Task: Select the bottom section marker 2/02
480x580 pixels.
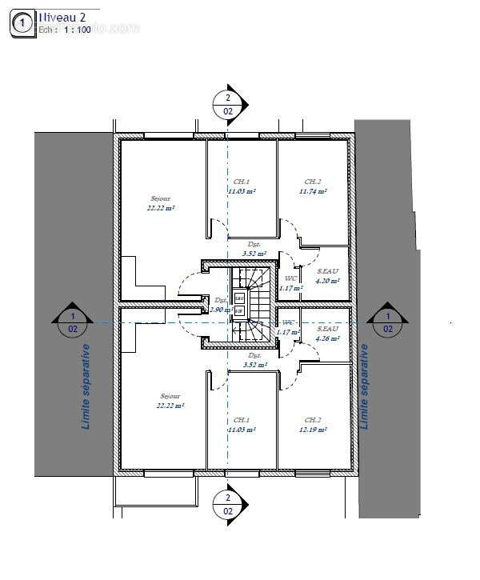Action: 227,504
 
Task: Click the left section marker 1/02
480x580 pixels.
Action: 73,322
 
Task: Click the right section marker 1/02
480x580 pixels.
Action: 388,322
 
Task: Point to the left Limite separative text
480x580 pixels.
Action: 86,386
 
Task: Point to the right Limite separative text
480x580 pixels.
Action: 365,386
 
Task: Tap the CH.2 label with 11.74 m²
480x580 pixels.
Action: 313,186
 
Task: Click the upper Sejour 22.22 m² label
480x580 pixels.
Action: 161,202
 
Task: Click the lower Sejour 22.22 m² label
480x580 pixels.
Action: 171,401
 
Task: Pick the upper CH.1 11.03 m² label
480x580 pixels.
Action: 242,186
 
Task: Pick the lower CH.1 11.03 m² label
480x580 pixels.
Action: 242,425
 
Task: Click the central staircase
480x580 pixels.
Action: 254,304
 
